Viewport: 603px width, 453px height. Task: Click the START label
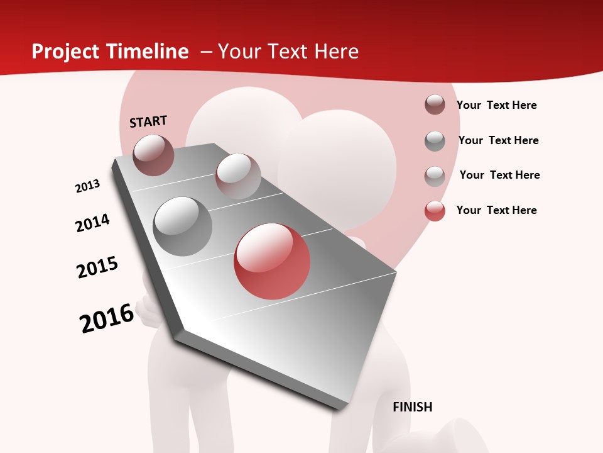pos(148,121)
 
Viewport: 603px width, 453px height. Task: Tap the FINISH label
pos(413,407)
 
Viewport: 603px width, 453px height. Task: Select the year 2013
pos(87,186)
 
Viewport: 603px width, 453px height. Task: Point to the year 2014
pos(92,223)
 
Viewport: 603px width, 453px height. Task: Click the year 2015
pos(97,267)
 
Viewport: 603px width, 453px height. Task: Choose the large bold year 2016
pos(107,318)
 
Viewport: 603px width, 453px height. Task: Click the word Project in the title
pos(64,52)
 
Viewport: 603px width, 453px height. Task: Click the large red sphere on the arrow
pos(272,261)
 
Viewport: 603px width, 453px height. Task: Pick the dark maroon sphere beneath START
pos(153,155)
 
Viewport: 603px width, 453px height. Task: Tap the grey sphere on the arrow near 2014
pos(182,226)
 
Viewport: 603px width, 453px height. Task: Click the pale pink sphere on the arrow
pos(238,176)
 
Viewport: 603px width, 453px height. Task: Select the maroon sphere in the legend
pos(435,104)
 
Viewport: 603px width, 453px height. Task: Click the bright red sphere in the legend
pos(435,211)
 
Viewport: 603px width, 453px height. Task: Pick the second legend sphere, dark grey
pos(435,140)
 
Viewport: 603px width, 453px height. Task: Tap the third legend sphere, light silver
pos(435,176)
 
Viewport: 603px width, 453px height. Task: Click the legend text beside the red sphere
pos(496,210)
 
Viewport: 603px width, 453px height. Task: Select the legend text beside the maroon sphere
pos(496,105)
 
